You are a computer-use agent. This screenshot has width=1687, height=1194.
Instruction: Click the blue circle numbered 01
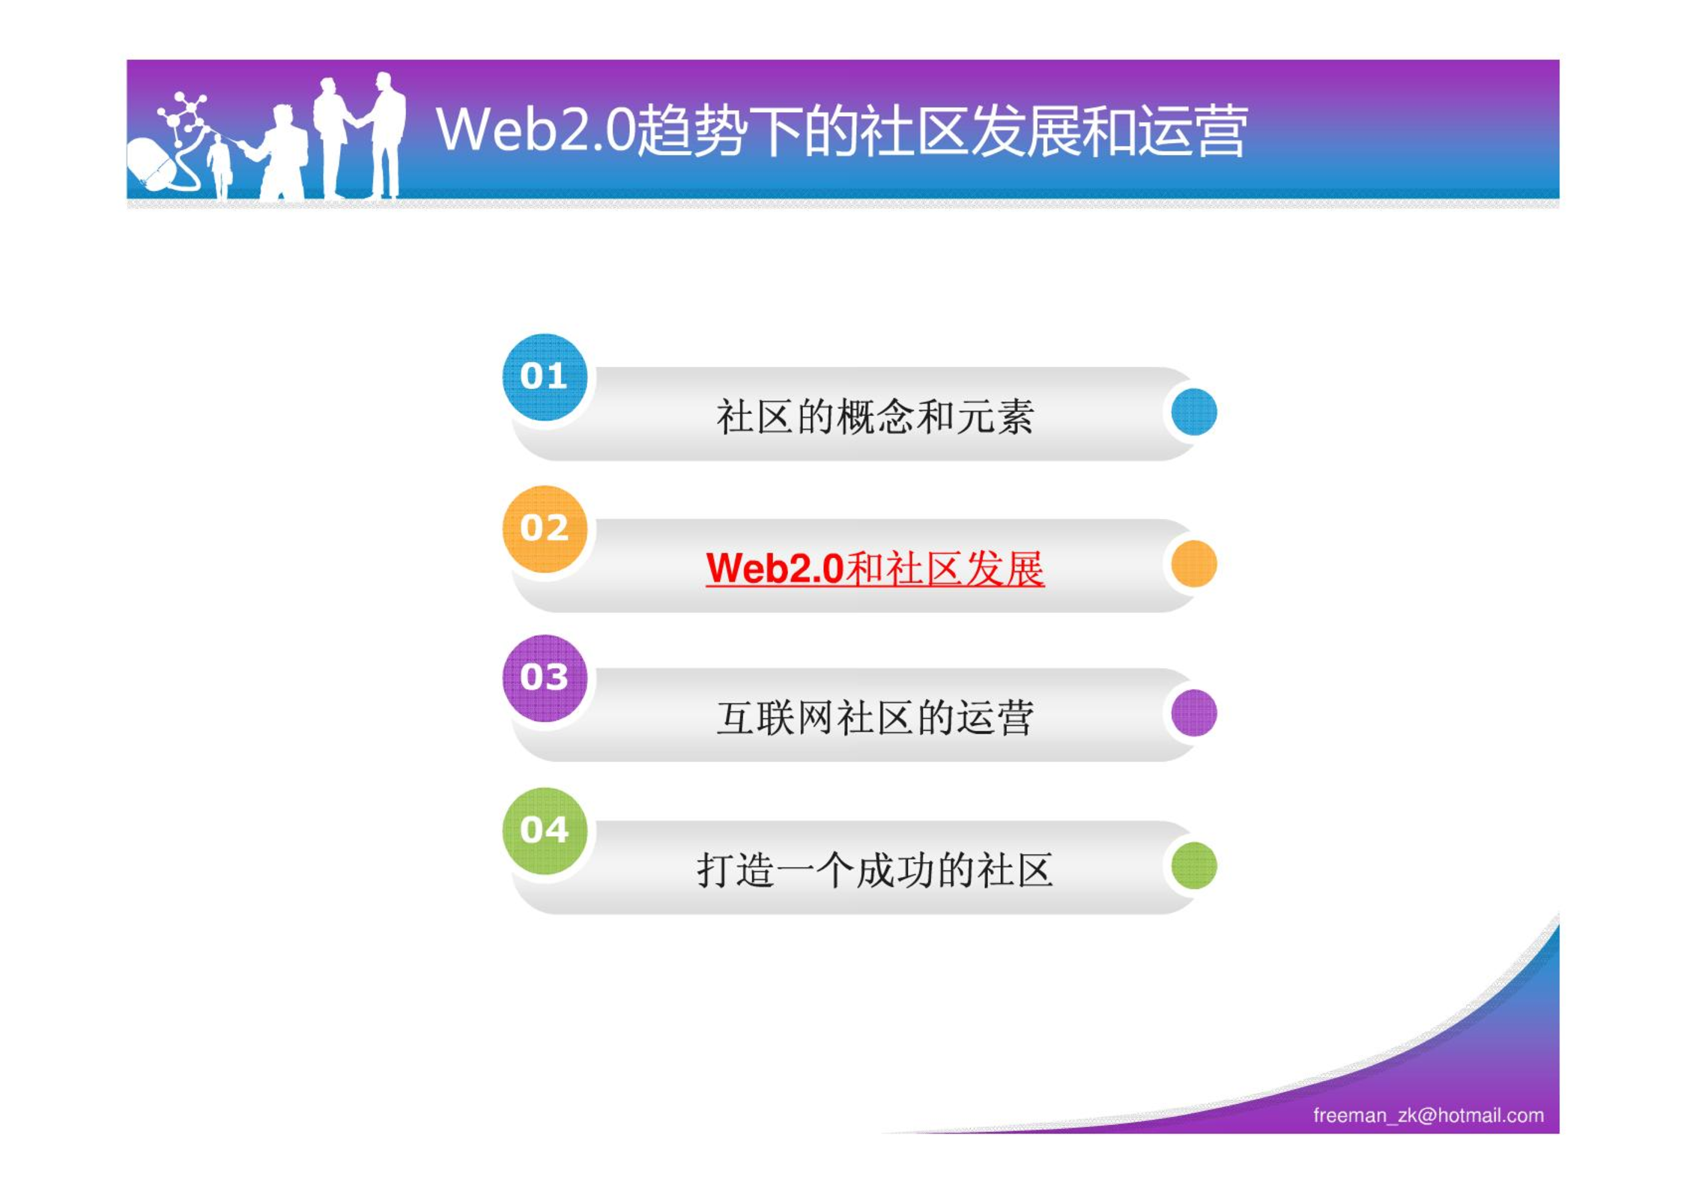click(x=545, y=377)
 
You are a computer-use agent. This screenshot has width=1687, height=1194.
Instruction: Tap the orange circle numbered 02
click(x=545, y=529)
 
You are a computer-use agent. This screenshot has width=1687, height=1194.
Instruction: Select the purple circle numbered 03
click(x=545, y=678)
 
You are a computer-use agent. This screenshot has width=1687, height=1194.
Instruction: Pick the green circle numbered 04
click(x=545, y=831)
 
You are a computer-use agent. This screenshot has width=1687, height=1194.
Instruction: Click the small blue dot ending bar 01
click(x=1193, y=412)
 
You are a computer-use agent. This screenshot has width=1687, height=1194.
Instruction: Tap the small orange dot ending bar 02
click(x=1193, y=563)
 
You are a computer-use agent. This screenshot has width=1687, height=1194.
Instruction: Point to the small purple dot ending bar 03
click(x=1193, y=713)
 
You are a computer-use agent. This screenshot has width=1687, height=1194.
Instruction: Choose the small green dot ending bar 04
click(x=1193, y=865)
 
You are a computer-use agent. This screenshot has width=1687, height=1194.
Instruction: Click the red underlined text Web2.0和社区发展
click(x=874, y=569)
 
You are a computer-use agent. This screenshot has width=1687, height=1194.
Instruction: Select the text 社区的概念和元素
click(x=875, y=416)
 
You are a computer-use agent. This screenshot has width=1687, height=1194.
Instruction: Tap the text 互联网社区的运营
click(x=875, y=718)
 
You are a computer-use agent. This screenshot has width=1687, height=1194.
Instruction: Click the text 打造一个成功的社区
click(x=875, y=870)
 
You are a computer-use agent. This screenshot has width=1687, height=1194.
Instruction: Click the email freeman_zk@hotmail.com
click(x=1428, y=1115)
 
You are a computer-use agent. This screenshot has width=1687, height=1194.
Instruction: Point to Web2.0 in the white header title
click(x=535, y=129)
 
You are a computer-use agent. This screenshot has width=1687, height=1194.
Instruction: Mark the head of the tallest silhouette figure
click(x=384, y=81)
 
